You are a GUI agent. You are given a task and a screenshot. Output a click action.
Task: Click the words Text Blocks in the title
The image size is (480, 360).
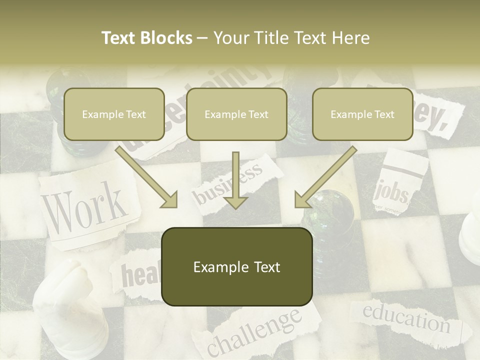click(146, 38)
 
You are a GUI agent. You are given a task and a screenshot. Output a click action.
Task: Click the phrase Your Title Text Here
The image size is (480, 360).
click(291, 38)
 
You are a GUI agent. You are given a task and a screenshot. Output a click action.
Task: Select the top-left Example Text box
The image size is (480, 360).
click(114, 114)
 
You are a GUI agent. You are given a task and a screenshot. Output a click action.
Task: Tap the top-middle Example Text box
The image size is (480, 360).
click(236, 114)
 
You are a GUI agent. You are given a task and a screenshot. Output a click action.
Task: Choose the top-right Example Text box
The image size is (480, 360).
click(362, 114)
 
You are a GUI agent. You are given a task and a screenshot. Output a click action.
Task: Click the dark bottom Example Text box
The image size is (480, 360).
click(236, 267)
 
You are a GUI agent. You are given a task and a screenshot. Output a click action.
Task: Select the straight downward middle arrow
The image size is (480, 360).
click(235, 180)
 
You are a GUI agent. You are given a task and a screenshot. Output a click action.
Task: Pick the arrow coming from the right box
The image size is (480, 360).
click(325, 178)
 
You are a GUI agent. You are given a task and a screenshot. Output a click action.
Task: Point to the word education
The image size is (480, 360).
click(406, 318)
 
